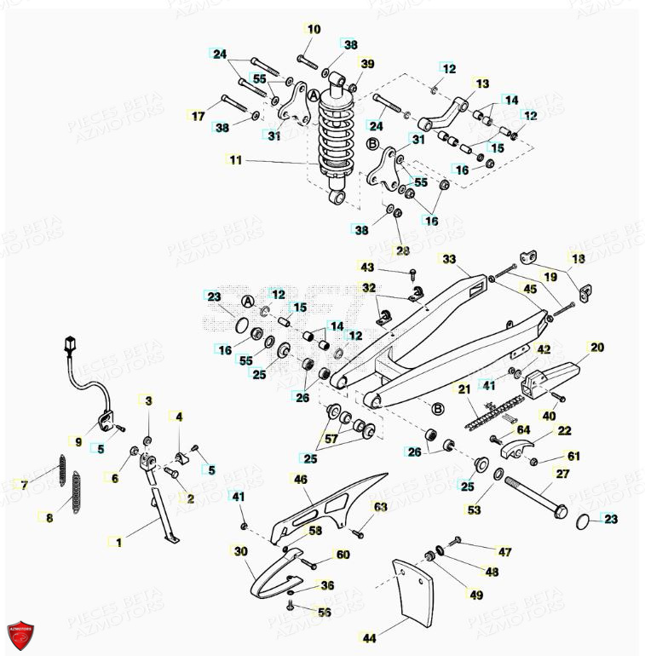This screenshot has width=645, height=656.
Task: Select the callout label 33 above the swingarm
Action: click(449, 258)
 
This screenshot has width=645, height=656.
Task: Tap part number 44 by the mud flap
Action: click(369, 637)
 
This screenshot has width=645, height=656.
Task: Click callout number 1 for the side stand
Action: click(118, 541)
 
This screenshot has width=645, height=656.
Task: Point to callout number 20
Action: click(596, 347)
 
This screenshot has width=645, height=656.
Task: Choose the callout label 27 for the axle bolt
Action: click(562, 474)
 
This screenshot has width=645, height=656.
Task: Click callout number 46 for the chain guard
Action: click(300, 480)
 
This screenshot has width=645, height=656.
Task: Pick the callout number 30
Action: click(240, 551)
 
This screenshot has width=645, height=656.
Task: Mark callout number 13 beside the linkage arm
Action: click(482, 83)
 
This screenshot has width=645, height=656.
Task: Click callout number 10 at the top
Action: click(314, 29)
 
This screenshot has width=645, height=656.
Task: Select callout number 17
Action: click(198, 116)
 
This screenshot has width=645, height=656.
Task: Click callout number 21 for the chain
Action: click(464, 389)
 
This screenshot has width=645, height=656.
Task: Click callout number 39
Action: click(367, 64)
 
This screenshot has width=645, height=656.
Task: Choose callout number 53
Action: click(474, 510)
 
